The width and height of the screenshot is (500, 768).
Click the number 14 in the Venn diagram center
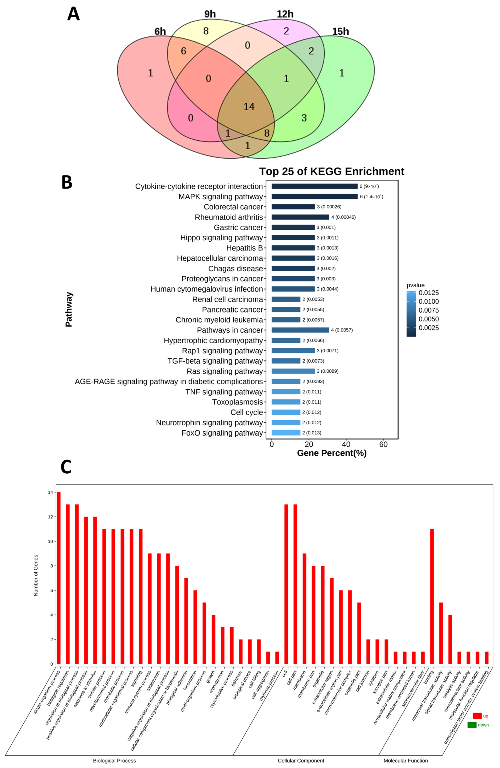click(x=249, y=106)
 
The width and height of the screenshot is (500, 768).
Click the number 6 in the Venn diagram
click(x=183, y=51)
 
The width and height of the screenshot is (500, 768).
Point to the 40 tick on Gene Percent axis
click(x=346, y=444)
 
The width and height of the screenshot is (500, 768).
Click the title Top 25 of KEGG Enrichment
click(x=332, y=171)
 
